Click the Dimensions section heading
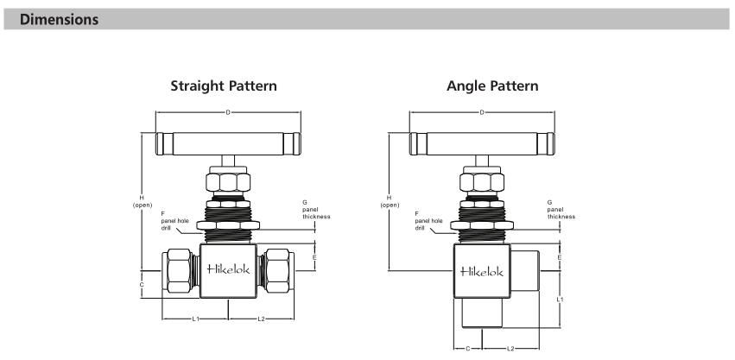59,18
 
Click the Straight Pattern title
224,86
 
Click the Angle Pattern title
491,86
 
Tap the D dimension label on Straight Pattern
227,112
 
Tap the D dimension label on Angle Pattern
482,112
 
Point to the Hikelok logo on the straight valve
228,269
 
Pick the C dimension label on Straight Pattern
142,283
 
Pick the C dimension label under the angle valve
467,349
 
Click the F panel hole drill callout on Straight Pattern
172,221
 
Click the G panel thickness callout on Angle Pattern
561,210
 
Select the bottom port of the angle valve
482,313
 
